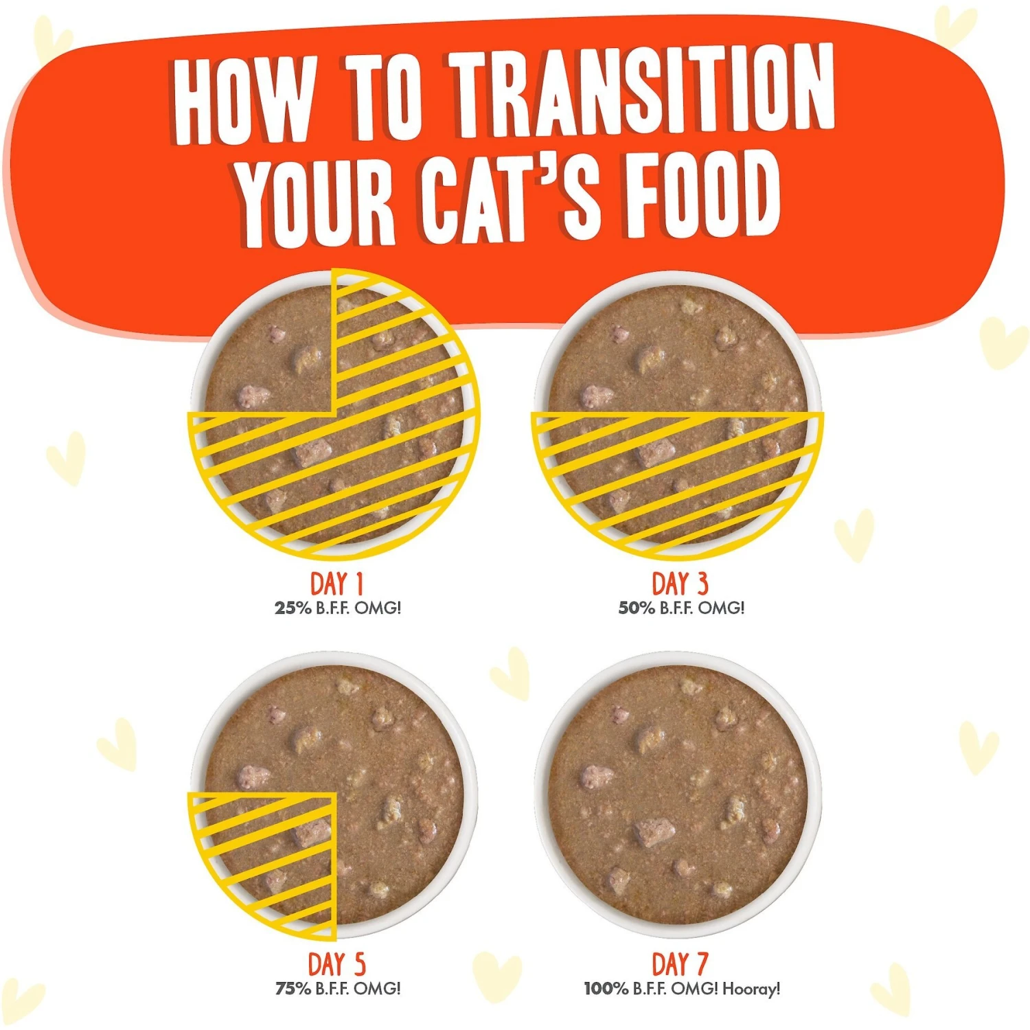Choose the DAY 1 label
(336, 584)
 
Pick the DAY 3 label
(679, 584)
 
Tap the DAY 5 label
(336, 964)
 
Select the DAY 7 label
(679, 964)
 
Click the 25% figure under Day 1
(293, 608)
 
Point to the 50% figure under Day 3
(637, 608)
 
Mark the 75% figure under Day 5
(293, 988)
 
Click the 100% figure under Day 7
(606, 989)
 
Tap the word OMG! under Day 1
(378, 608)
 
